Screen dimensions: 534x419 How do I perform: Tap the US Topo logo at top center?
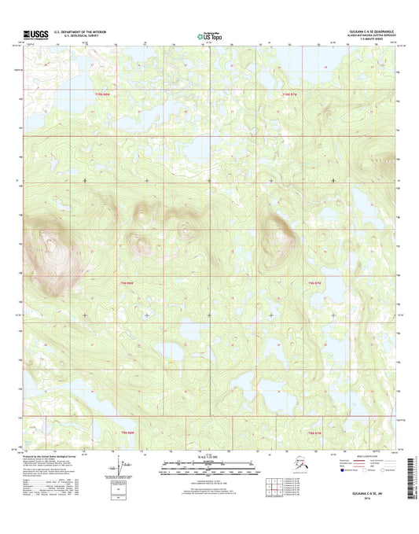[x=208, y=35]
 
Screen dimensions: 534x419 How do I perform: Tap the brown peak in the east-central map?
[x=279, y=227]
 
